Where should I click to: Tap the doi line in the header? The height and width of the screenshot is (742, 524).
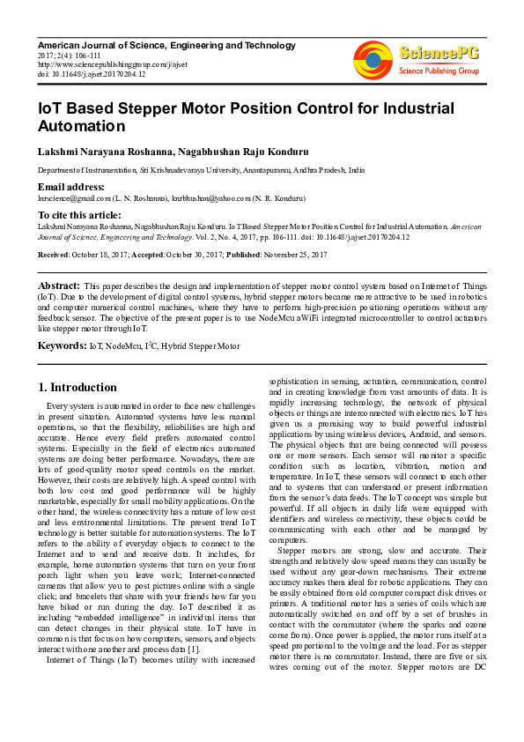pos(92,74)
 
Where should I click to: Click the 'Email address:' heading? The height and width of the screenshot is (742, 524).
pos(73,188)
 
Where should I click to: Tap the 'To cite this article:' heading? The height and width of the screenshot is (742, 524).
pos(80,215)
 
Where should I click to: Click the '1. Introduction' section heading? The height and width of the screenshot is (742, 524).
pos(78,387)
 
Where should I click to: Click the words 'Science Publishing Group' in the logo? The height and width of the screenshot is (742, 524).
pos(438,70)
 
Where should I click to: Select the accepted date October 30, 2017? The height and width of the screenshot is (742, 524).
pos(200,254)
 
